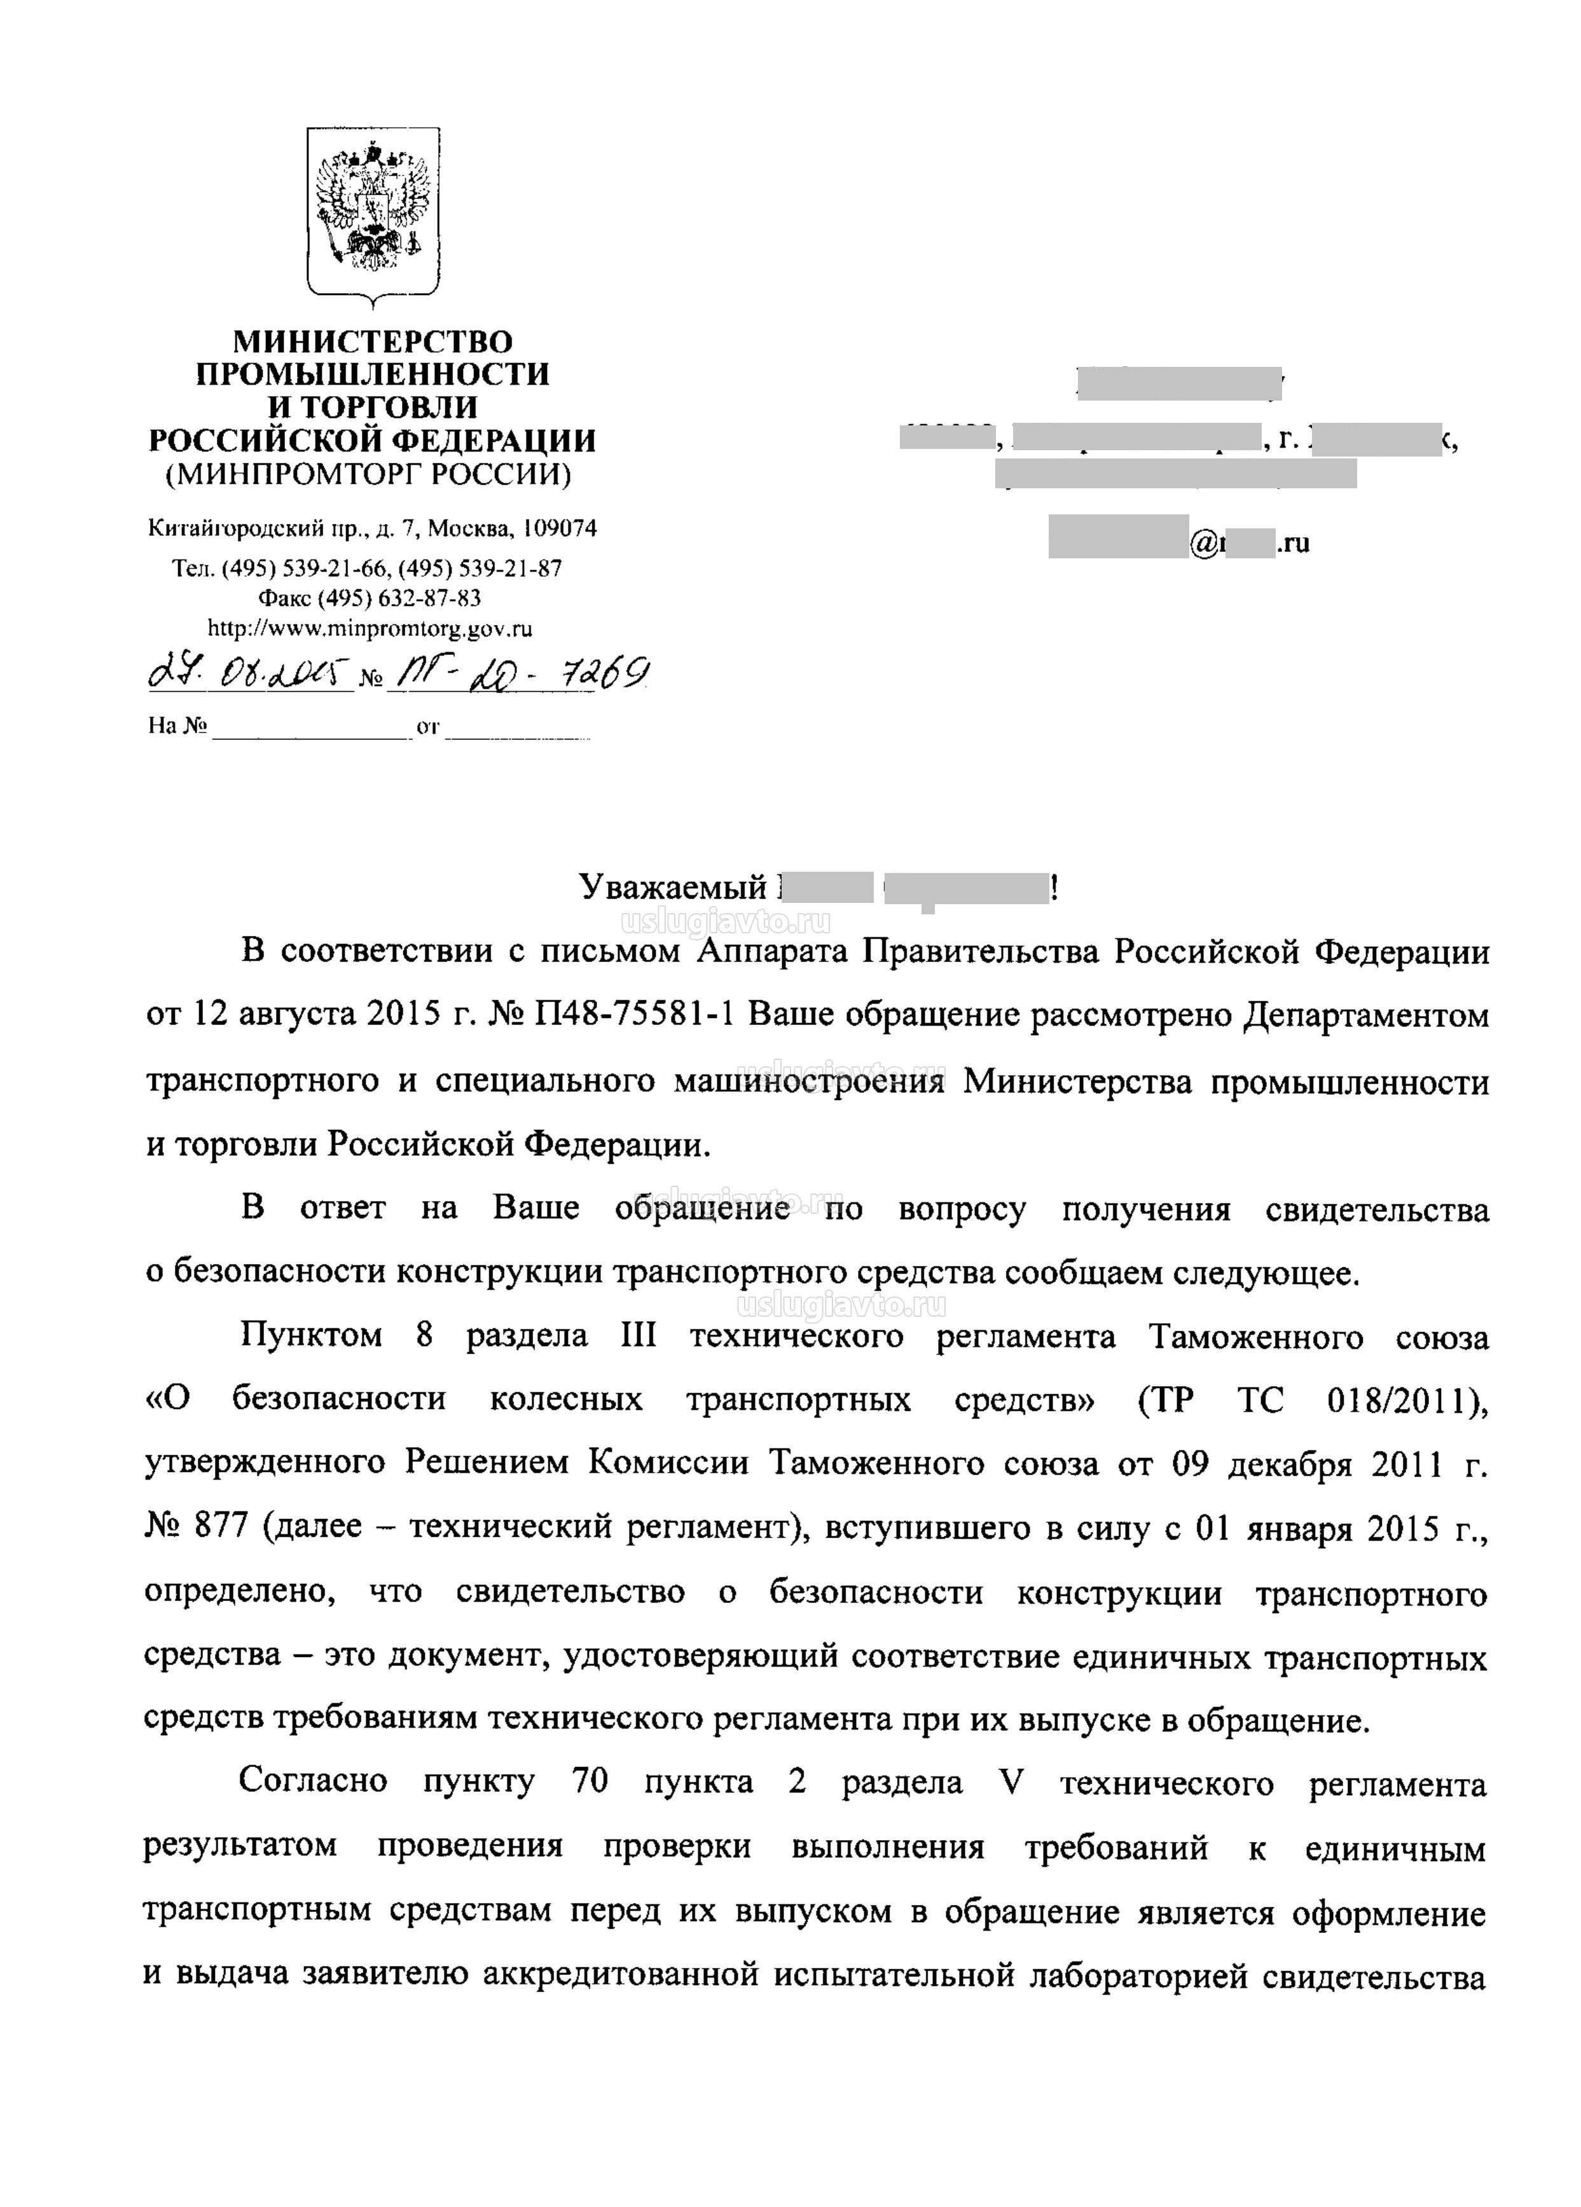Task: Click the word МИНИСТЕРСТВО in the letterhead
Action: tap(373, 341)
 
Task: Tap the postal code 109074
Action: tap(560, 528)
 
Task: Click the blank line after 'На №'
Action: tap(310, 726)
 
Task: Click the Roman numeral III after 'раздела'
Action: tap(638, 1336)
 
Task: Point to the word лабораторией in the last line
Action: tap(1139, 1976)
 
